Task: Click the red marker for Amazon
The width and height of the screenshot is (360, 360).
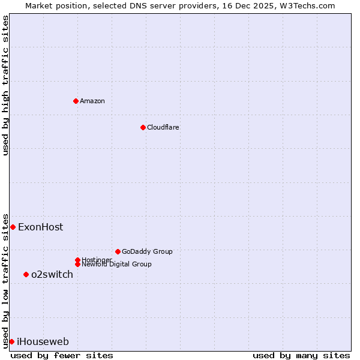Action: click(76, 101)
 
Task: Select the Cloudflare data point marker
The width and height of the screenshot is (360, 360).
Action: click(143, 127)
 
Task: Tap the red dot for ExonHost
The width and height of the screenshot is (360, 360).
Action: click(13, 227)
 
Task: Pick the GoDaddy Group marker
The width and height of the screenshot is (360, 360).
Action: click(118, 251)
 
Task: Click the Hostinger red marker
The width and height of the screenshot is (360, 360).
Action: click(77, 260)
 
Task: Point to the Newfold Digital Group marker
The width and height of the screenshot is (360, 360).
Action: click(77, 264)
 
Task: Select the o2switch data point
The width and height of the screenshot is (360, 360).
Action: click(26, 274)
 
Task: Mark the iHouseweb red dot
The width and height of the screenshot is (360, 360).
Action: click(11, 341)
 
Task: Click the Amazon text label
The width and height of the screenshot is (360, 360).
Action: click(92, 101)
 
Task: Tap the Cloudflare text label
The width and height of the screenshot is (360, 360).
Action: click(163, 127)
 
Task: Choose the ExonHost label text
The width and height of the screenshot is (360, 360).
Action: click(40, 227)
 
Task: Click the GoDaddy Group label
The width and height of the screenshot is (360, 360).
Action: click(147, 251)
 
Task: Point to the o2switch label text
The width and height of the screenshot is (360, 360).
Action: click(52, 274)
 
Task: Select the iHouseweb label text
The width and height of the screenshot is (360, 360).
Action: click(43, 342)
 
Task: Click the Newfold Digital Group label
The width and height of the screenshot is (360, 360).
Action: click(117, 265)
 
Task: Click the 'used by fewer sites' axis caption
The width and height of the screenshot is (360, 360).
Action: click(62, 355)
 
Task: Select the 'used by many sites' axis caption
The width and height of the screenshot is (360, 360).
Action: click(301, 355)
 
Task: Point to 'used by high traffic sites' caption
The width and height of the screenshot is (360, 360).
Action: click(5, 85)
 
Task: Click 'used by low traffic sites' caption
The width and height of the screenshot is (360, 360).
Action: click(5, 280)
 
